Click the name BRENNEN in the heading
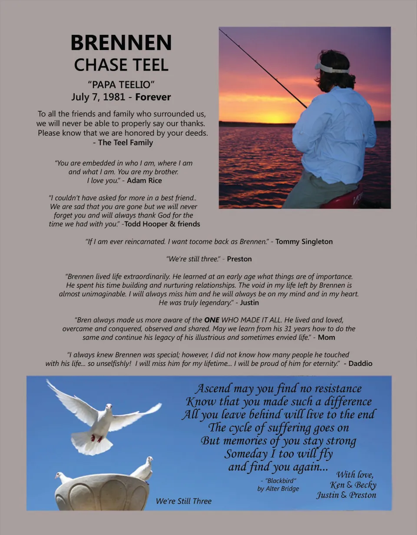click(121, 43)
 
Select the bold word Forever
click(153, 97)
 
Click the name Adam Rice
click(145, 180)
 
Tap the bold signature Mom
click(327, 337)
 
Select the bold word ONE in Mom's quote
click(212, 320)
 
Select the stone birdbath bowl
click(102, 492)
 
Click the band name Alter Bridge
click(283, 488)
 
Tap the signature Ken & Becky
click(353, 485)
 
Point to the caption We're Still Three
click(184, 501)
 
